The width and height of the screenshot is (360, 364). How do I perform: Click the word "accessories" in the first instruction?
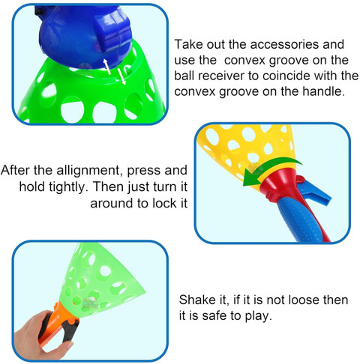(285, 45)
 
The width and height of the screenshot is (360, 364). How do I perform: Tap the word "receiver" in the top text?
(221, 76)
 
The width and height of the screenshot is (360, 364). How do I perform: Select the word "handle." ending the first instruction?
(324, 91)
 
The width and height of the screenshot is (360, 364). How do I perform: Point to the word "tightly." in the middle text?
(68, 187)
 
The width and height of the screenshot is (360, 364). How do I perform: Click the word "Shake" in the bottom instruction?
(197, 300)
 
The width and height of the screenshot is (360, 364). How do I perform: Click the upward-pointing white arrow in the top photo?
(107, 67)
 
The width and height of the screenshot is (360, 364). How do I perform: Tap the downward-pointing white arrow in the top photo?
(121, 76)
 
